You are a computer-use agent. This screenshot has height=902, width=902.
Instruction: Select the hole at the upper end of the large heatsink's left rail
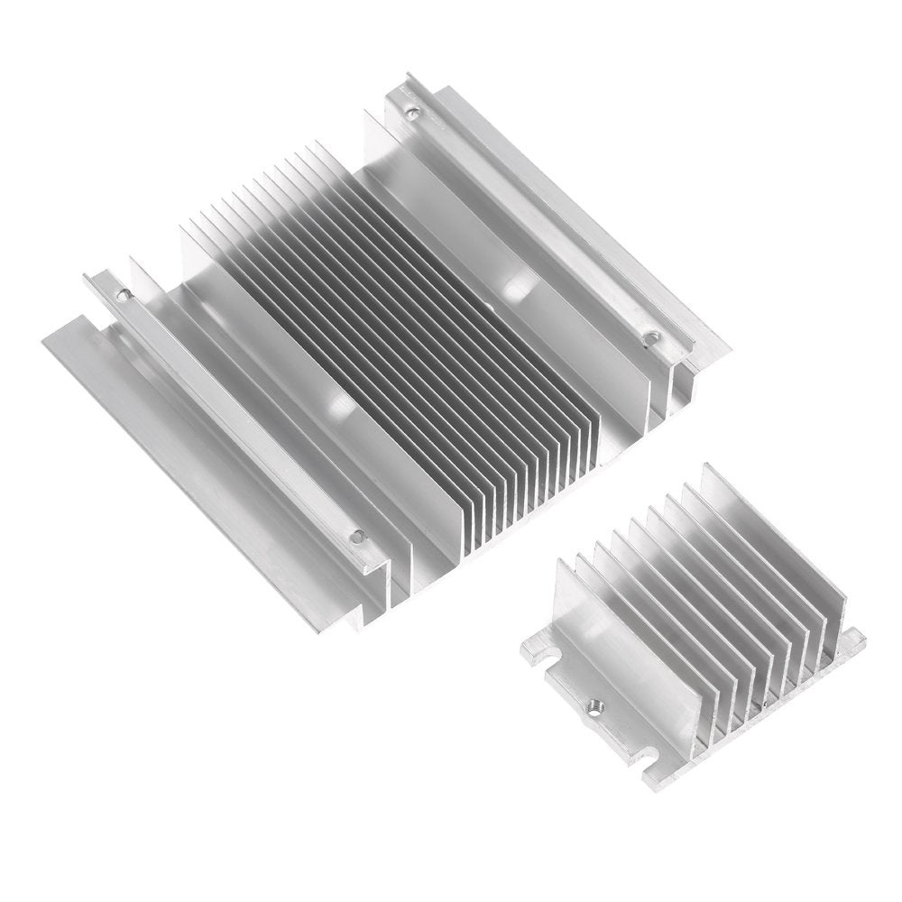[x=124, y=293]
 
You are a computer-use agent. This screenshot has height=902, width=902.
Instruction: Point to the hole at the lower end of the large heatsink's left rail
[x=357, y=536]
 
